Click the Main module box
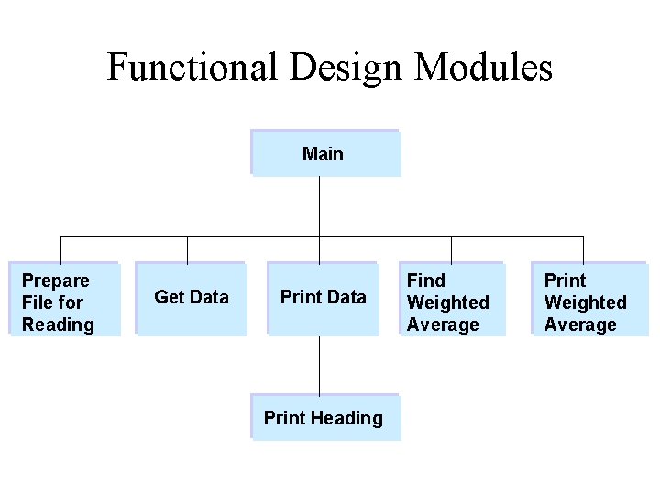click(x=325, y=153)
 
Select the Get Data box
click(x=191, y=299)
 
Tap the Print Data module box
click(x=323, y=299)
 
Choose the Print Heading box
click(x=325, y=418)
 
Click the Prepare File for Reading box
click(x=64, y=300)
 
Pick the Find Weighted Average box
click(x=450, y=300)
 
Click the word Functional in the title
click(x=192, y=68)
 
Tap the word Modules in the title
click(x=483, y=68)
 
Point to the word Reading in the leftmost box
click(x=58, y=324)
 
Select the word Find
click(x=425, y=280)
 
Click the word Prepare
click(x=56, y=280)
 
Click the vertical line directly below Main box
click(x=319, y=206)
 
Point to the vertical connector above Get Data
click(x=187, y=250)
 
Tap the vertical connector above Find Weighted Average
click(x=451, y=250)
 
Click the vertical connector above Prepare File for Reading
click(x=60, y=250)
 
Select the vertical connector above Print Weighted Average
click(x=583, y=250)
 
